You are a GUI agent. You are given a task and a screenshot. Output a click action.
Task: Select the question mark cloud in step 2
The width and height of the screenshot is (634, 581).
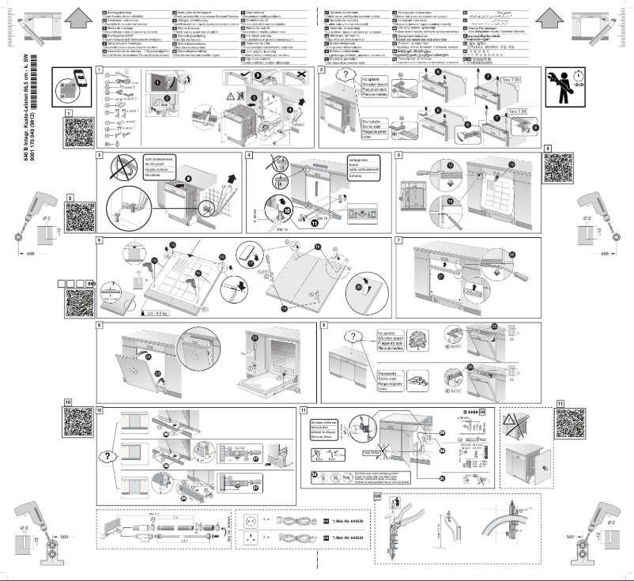[x=342, y=80]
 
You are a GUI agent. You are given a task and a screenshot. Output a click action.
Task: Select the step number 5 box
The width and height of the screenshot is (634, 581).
[x=399, y=154]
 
